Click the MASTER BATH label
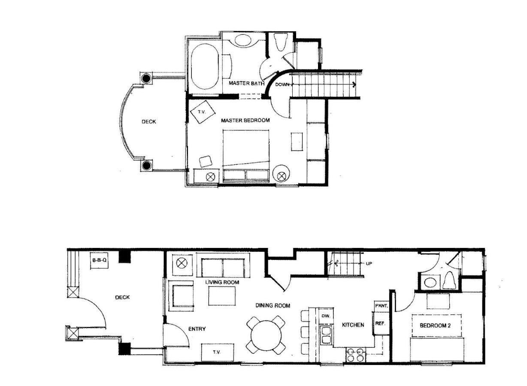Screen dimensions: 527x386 click(247, 83)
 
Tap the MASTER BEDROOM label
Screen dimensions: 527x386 click(245, 121)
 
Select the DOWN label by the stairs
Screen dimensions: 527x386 click(282, 84)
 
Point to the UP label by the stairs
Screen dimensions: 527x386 click(369, 263)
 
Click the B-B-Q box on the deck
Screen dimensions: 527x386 click(100, 260)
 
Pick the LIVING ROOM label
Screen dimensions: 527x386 click(222, 282)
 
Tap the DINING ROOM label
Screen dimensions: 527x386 click(273, 305)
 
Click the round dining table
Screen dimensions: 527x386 click(266, 335)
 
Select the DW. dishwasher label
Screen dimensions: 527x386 click(326, 316)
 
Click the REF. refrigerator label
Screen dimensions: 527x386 click(380, 323)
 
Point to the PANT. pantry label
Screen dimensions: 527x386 click(382, 306)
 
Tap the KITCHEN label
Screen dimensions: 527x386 click(353, 325)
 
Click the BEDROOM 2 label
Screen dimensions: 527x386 click(435, 326)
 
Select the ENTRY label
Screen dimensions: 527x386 click(197, 329)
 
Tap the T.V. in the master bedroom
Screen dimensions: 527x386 click(203, 112)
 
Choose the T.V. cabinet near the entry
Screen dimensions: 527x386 click(218, 353)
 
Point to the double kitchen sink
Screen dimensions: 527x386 click(326, 335)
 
